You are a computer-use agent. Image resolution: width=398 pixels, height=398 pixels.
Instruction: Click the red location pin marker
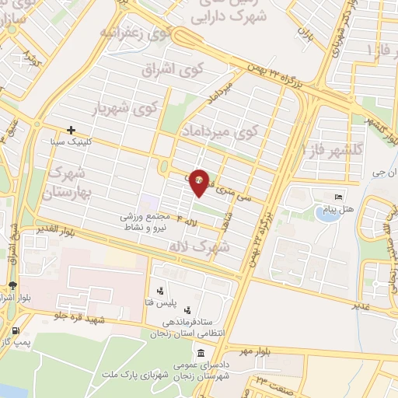point(199,182)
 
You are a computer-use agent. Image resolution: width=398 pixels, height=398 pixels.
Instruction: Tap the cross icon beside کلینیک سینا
point(71,130)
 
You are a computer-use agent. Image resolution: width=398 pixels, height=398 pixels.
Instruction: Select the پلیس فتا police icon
point(160,291)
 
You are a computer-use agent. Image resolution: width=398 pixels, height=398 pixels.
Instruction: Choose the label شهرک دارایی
point(243,13)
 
